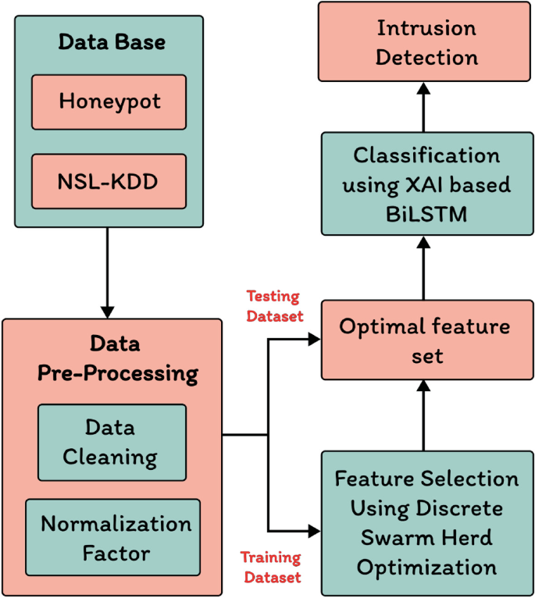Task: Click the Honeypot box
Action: [109, 101]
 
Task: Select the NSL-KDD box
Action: [109, 181]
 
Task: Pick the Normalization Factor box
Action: [112, 538]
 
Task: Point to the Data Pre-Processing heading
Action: [117, 358]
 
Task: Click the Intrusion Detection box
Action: [426, 42]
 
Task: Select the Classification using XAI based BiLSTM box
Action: [426, 183]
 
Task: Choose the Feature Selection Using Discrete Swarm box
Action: [426, 521]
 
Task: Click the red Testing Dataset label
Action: [273, 305]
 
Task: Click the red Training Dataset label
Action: [270, 568]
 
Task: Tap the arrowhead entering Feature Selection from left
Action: [315, 531]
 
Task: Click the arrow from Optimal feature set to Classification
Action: [424, 269]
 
